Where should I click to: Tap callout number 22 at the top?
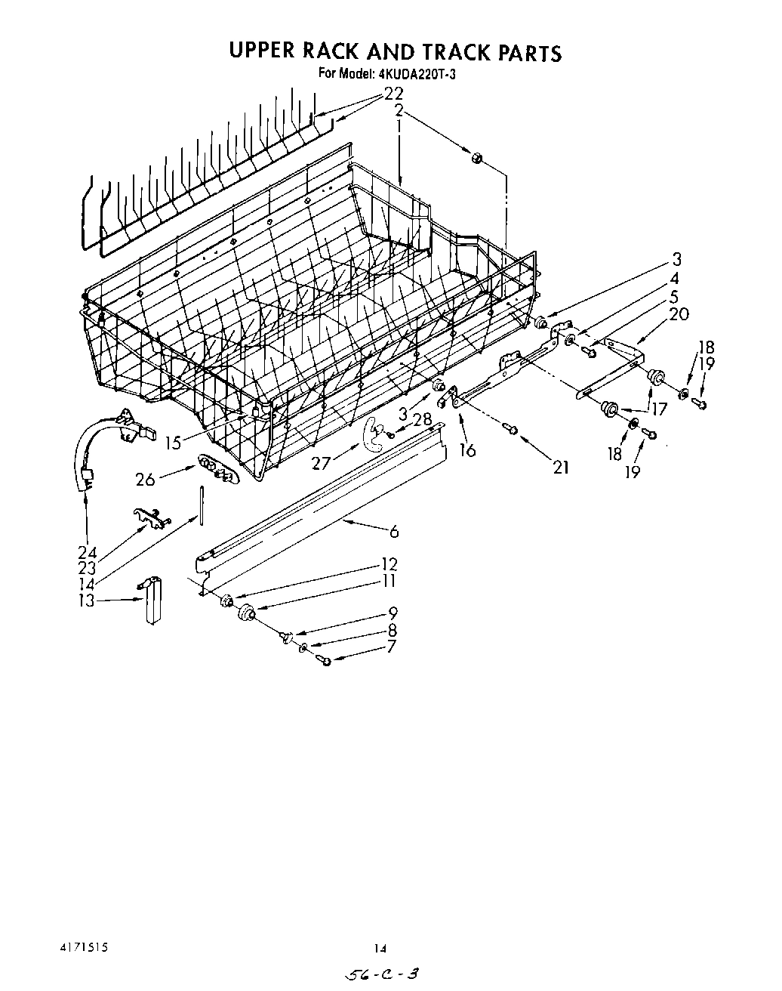click(x=393, y=94)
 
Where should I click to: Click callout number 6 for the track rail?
click(x=394, y=532)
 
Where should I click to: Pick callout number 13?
click(x=87, y=600)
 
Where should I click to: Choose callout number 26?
click(x=145, y=479)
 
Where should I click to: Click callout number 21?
click(x=560, y=468)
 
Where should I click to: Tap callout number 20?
click(x=679, y=314)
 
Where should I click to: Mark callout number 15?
click(x=174, y=443)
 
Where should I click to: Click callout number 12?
click(x=389, y=564)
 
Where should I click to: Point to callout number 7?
click(x=391, y=647)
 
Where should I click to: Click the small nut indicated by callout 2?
click(x=477, y=158)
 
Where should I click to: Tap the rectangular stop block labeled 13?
click(x=155, y=600)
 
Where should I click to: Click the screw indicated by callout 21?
click(x=511, y=430)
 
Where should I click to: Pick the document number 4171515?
click(x=86, y=943)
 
